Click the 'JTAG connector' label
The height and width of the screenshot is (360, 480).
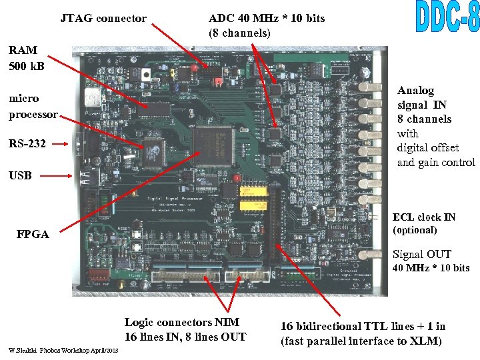coord(103,18)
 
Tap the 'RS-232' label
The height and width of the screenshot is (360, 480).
coord(27,143)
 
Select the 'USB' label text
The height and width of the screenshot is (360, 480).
coord(20,176)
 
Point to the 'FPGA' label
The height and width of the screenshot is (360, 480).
coord(34,235)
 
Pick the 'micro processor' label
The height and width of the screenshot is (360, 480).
coord(33,107)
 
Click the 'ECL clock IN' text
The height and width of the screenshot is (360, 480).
coord(424,217)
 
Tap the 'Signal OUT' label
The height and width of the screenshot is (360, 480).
coord(421,254)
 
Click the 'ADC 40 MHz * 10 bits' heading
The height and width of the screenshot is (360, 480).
coord(267,18)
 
